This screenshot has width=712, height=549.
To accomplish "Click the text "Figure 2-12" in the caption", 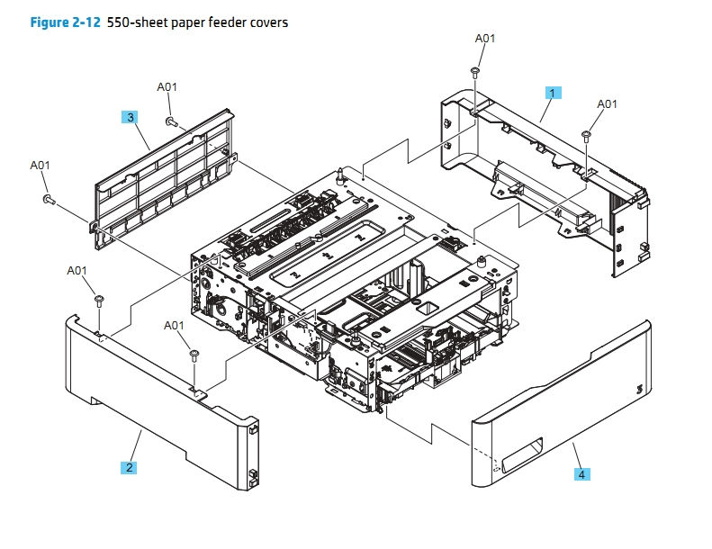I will (x=64, y=22).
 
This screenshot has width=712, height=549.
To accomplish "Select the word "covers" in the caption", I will (x=266, y=22).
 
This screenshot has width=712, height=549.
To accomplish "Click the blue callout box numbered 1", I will (x=554, y=92).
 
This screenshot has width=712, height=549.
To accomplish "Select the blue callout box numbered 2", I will (x=130, y=467).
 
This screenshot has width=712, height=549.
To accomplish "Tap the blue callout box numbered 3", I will (x=131, y=117).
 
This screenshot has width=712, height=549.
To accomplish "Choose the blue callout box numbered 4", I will (x=581, y=473).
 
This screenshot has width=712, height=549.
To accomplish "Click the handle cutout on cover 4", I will (x=521, y=453).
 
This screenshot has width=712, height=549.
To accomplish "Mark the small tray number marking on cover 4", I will (x=639, y=389).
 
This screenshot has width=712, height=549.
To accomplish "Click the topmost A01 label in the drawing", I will (x=485, y=39).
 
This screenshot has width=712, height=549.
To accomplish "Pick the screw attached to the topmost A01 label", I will (x=474, y=71).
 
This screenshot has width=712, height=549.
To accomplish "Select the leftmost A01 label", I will (x=41, y=166).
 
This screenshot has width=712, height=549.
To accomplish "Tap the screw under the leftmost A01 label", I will (x=47, y=199).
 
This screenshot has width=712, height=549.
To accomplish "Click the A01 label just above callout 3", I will (x=167, y=87).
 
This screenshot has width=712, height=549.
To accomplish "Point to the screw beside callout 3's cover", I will (x=170, y=120).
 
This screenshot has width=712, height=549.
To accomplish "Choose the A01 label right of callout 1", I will (x=608, y=104).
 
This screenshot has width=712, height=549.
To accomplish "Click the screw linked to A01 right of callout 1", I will (x=586, y=135).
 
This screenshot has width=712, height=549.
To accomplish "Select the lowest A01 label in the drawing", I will (x=174, y=325).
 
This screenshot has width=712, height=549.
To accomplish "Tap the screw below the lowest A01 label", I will (x=194, y=356).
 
